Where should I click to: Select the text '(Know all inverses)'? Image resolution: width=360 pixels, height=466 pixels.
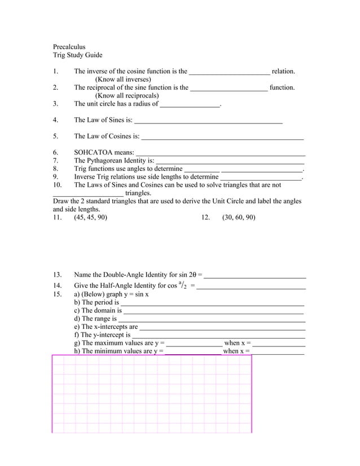(x=122, y=80)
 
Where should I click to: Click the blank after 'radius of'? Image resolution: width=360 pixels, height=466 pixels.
(x=190, y=104)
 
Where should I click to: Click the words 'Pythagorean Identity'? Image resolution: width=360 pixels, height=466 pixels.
(x=118, y=161)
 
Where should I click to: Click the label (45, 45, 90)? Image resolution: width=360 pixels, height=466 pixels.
(x=90, y=217)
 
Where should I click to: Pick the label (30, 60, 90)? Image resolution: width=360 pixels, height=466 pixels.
(x=238, y=217)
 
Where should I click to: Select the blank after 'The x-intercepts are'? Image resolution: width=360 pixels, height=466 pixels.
(x=222, y=327)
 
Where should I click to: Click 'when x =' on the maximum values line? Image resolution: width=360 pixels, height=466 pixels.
(x=238, y=343)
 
